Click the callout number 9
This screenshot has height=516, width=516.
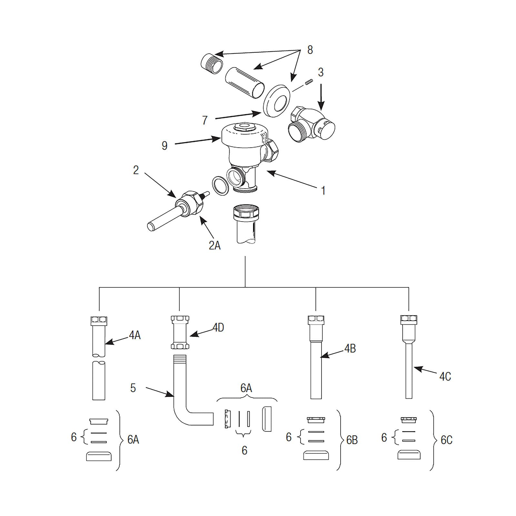pyautogui.click(x=164, y=145)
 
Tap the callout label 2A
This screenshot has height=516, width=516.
pyautogui.click(x=214, y=245)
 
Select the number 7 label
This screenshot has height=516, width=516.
pyautogui.click(x=205, y=120)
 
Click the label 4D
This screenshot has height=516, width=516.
pyautogui.click(x=218, y=328)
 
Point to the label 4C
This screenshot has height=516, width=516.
pyautogui.click(x=445, y=376)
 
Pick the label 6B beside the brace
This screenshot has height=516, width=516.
pyautogui.click(x=352, y=440)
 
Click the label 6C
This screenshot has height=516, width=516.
pyautogui.click(x=446, y=440)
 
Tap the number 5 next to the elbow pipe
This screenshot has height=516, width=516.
pyautogui.click(x=133, y=388)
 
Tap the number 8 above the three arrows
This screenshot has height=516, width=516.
pyautogui.click(x=310, y=50)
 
